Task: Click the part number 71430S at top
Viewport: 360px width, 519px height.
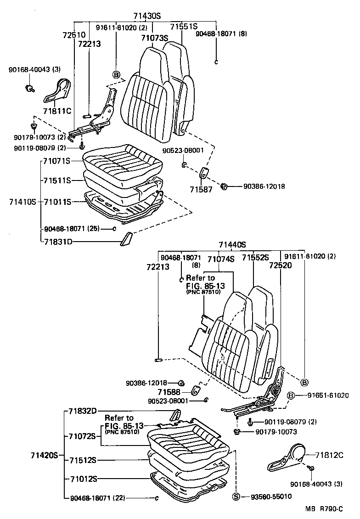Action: point(147,16)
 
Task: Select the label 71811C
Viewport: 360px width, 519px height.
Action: point(58,111)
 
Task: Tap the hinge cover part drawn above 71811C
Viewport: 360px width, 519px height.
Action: point(58,90)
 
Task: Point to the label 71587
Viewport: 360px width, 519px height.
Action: point(201,189)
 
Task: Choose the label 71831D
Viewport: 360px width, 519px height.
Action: point(57,241)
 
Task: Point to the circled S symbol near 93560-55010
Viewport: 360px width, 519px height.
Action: point(236,497)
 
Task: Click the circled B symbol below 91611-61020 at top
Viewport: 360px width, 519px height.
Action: point(116,75)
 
